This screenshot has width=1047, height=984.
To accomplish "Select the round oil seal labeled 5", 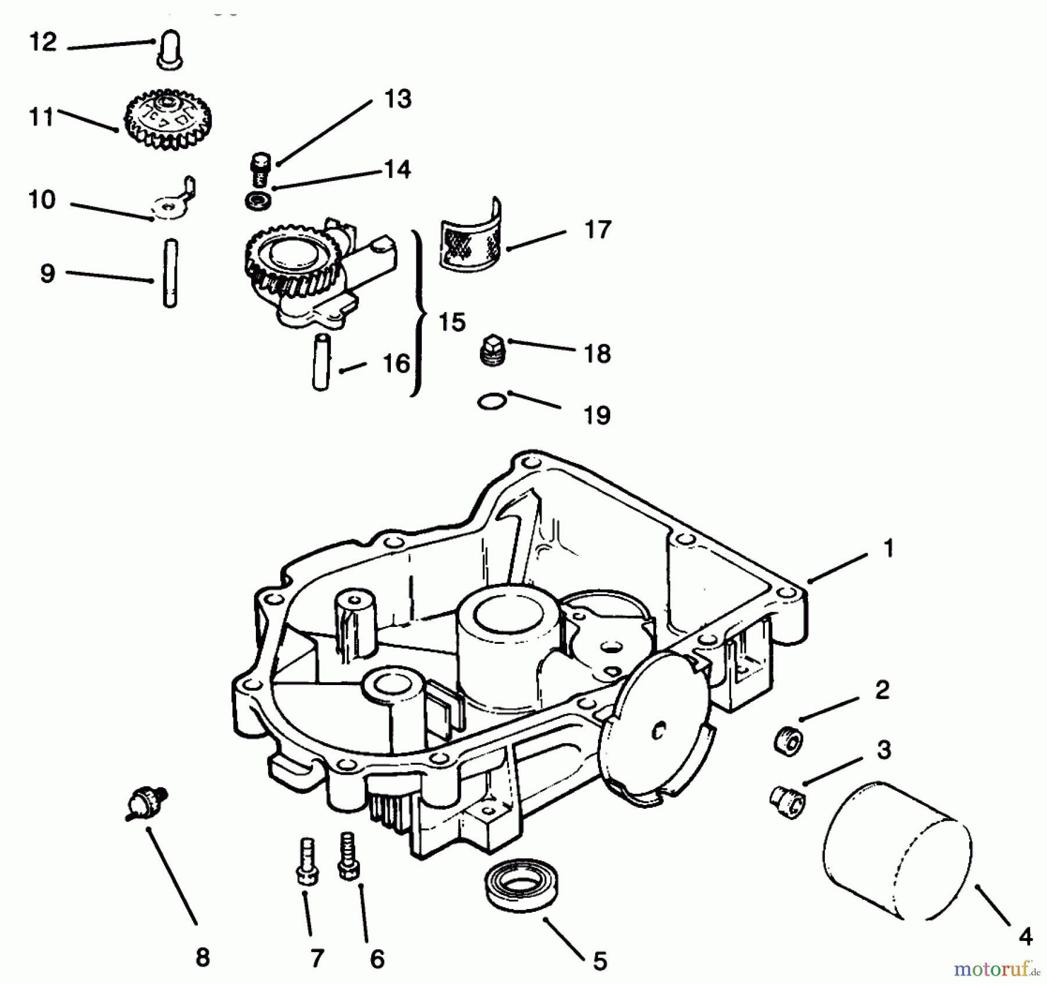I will [x=517, y=886].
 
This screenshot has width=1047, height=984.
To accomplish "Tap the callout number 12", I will [x=43, y=42].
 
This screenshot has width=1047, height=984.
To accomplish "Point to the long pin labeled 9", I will [x=170, y=273].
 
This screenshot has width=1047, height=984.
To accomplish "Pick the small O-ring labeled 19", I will [x=492, y=401].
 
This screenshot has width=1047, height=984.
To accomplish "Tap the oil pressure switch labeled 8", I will [x=146, y=803].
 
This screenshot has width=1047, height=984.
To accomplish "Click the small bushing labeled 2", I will [x=789, y=741].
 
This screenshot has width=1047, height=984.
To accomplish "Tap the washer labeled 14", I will [x=258, y=201].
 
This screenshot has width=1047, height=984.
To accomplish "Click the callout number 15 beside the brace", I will [x=452, y=322].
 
